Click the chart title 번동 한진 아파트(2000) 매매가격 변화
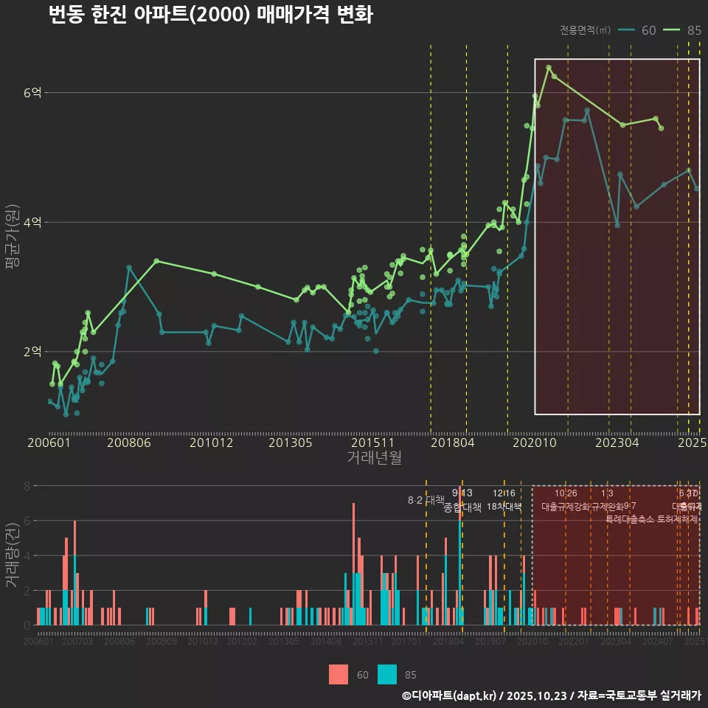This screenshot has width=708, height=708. [x=210, y=15]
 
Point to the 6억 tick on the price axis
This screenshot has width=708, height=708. [x=33, y=93]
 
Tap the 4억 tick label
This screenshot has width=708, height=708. [x=33, y=223]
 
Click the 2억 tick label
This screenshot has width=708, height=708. [x=33, y=352]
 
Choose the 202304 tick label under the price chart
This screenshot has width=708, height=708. [x=617, y=443]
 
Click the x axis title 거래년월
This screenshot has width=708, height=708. [x=374, y=458]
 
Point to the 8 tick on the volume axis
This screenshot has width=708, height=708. [x=27, y=486]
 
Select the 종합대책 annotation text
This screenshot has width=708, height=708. [x=462, y=507]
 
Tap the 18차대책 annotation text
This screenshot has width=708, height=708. [x=504, y=507]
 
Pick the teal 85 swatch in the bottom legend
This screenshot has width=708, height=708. [x=387, y=674]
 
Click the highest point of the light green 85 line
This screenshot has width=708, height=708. [x=549, y=68]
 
